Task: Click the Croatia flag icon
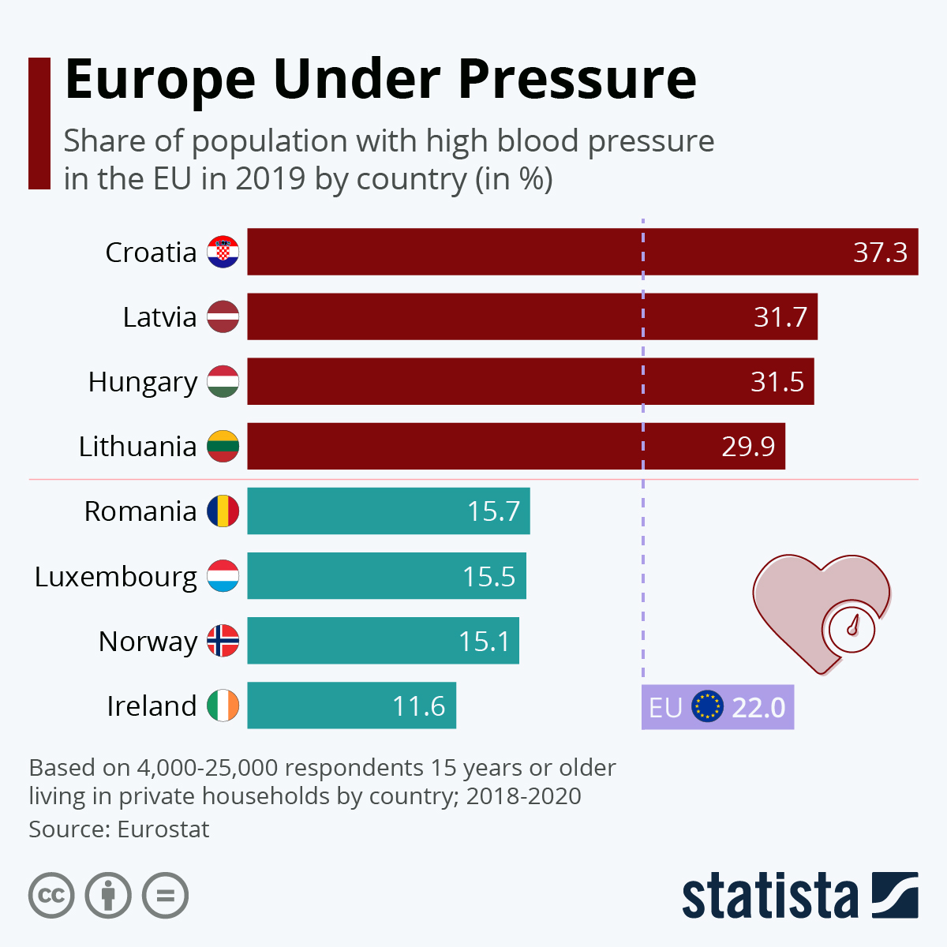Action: tap(223, 252)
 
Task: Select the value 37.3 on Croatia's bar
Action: tap(880, 253)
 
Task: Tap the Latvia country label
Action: tap(159, 317)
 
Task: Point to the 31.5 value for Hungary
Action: tap(777, 382)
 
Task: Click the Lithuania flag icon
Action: tap(223, 447)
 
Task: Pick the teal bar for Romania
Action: tap(388, 511)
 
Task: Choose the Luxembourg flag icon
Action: tap(223, 576)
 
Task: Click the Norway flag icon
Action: tap(223, 641)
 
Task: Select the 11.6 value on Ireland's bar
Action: tap(418, 706)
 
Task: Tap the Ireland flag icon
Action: tap(223, 706)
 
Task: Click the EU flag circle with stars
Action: tap(707, 707)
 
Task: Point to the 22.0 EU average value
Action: tap(758, 707)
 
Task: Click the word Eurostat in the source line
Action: tap(163, 829)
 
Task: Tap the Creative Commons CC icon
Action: tap(51, 896)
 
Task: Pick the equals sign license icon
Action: tap(166, 896)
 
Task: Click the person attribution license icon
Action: tap(108, 896)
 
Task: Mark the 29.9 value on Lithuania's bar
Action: tap(748, 447)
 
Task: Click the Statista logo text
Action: tap(769, 896)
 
